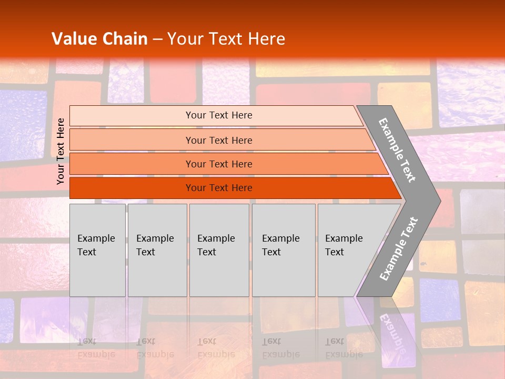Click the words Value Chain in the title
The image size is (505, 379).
click(99, 39)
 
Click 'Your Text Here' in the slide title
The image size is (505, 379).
click(226, 39)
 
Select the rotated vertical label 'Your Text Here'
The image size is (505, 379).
click(60, 151)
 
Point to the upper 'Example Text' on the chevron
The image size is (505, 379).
click(397, 150)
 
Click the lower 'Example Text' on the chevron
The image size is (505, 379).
click(398, 248)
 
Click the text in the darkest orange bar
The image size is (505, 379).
click(219, 188)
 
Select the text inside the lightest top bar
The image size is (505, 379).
click(219, 115)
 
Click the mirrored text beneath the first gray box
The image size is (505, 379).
click(96, 348)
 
